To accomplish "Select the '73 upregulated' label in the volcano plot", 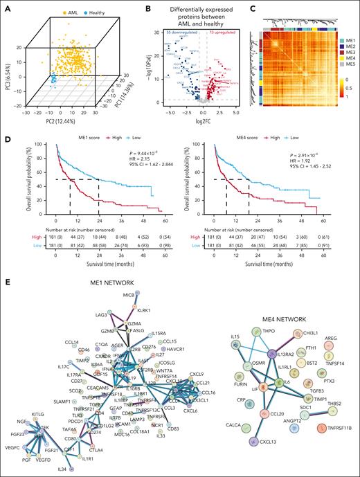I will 217,33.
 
